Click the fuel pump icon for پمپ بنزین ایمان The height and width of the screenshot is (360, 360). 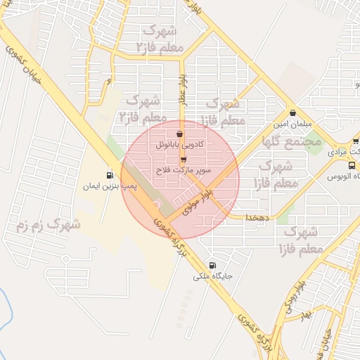[110, 175]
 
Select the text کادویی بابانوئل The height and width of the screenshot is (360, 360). [180, 144]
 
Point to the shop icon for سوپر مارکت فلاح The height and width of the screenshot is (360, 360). [184, 159]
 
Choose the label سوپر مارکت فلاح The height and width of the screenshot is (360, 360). [184, 171]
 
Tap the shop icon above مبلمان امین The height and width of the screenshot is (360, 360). [292, 112]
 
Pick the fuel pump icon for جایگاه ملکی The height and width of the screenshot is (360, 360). [214, 265]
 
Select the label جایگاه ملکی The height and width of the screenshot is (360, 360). [213, 276]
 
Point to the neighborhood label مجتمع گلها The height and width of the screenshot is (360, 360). [291, 141]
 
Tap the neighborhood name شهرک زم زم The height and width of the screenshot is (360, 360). [48, 226]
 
